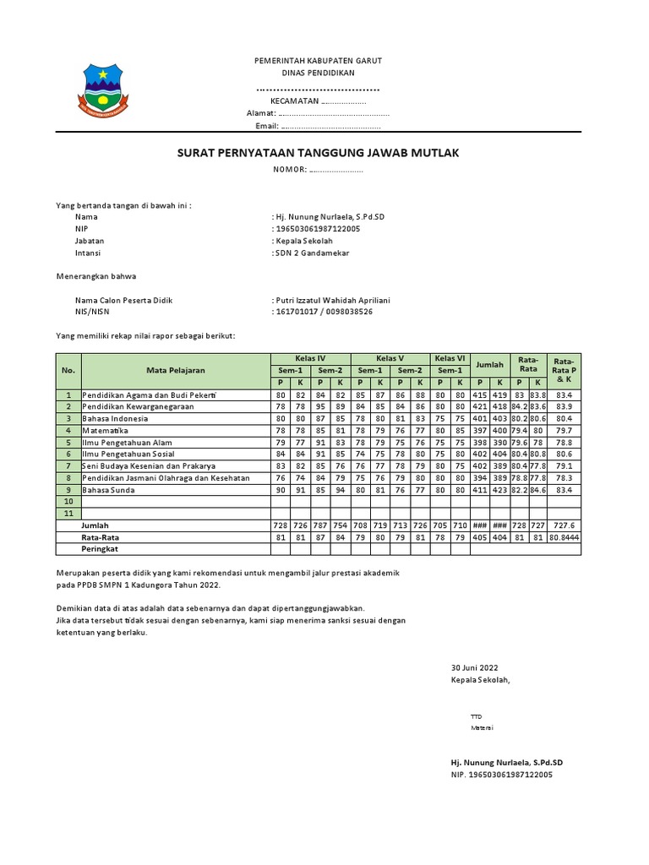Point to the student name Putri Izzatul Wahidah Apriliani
click(x=332, y=300)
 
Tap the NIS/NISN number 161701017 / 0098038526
click(x=324, y=312)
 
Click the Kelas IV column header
click(x=309, y=358)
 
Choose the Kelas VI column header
click(x=450, y=358)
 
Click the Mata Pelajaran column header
click(x=176, y=370)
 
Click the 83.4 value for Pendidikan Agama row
click(x=564, y=394)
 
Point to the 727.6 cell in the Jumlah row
click(x=564, y=525)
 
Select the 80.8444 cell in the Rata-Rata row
click(x=564, y=537)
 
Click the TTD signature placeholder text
click(x=476, y=716)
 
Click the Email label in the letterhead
click(x=266, y=125)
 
